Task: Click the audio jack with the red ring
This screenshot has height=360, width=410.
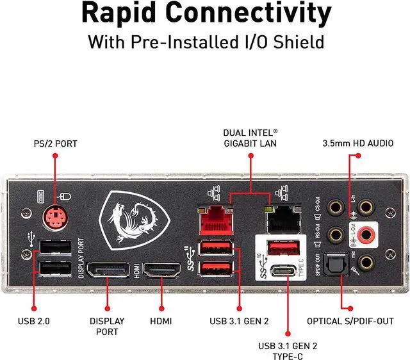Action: tap(366, 234)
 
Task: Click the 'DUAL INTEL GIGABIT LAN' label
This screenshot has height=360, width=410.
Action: tap(250, 138)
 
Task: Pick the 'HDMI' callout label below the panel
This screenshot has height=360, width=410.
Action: tap(160, 320)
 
